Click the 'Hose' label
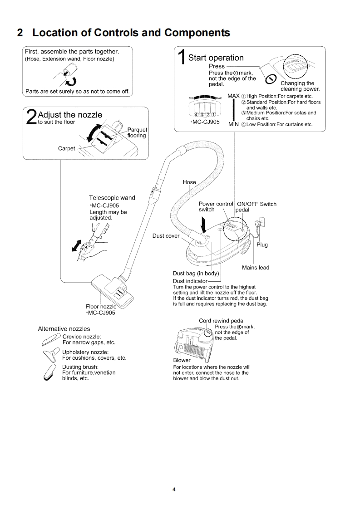(x=189, y=182)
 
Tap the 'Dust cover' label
(x=166, y=236)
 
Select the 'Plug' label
(x=262, y=245)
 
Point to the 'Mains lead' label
(x=255, y=268)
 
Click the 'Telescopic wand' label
(x=112, y=198)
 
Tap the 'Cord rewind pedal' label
(x=222, y=321)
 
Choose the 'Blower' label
(x=182, y=360)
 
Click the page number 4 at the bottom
(x=174, y=489)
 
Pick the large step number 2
(x=31, y=116)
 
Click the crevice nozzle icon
(x=54, y=338)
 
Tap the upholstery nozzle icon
(x=51, y=353)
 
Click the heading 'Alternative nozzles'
(x=64, y=329)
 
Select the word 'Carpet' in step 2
(x=66, y=148)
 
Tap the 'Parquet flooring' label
(x=137, y=132)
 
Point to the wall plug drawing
(x=261, y=224)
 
